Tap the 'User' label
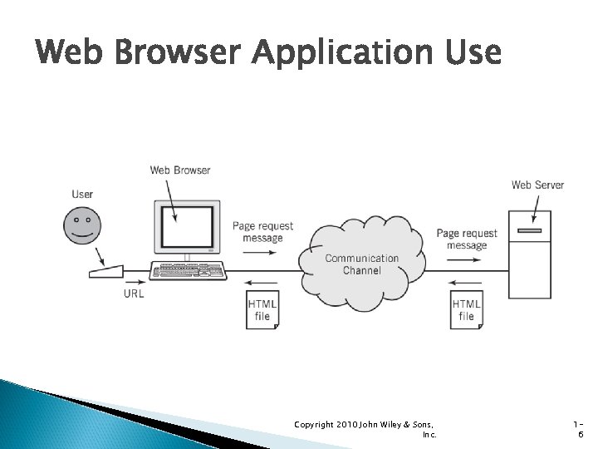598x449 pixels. point(82,195)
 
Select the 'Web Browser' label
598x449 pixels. point(180,170)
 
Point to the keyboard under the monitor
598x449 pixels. point(189,271)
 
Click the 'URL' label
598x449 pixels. point(134,294)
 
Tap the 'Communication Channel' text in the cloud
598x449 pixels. point(361,264)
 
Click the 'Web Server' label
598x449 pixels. point(537,185)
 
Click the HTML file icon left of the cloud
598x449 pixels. point(262,309)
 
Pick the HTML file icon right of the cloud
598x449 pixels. point(466,309)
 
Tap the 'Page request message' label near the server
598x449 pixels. point(467,239)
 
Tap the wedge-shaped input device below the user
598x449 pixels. point(105,271)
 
